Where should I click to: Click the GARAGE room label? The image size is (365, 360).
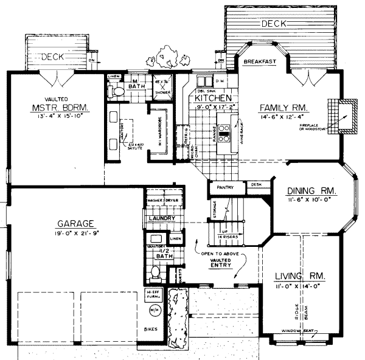pyautogui.click(x=75, y=223)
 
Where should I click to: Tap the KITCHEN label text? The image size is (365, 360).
pyautogui.click(x=212, y=97)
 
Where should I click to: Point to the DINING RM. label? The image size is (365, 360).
pyautogui.click(x=312, y=190)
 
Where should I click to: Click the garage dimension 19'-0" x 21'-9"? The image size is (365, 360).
pyautogui.click(x=75, y=234)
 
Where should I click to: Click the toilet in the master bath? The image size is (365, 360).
pyautogui.click(x=119, y=91)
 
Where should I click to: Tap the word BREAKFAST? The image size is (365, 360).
pyautogui.click(x=260, y=62)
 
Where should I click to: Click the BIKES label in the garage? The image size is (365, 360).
pyautogui.click(x=152, y=329)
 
